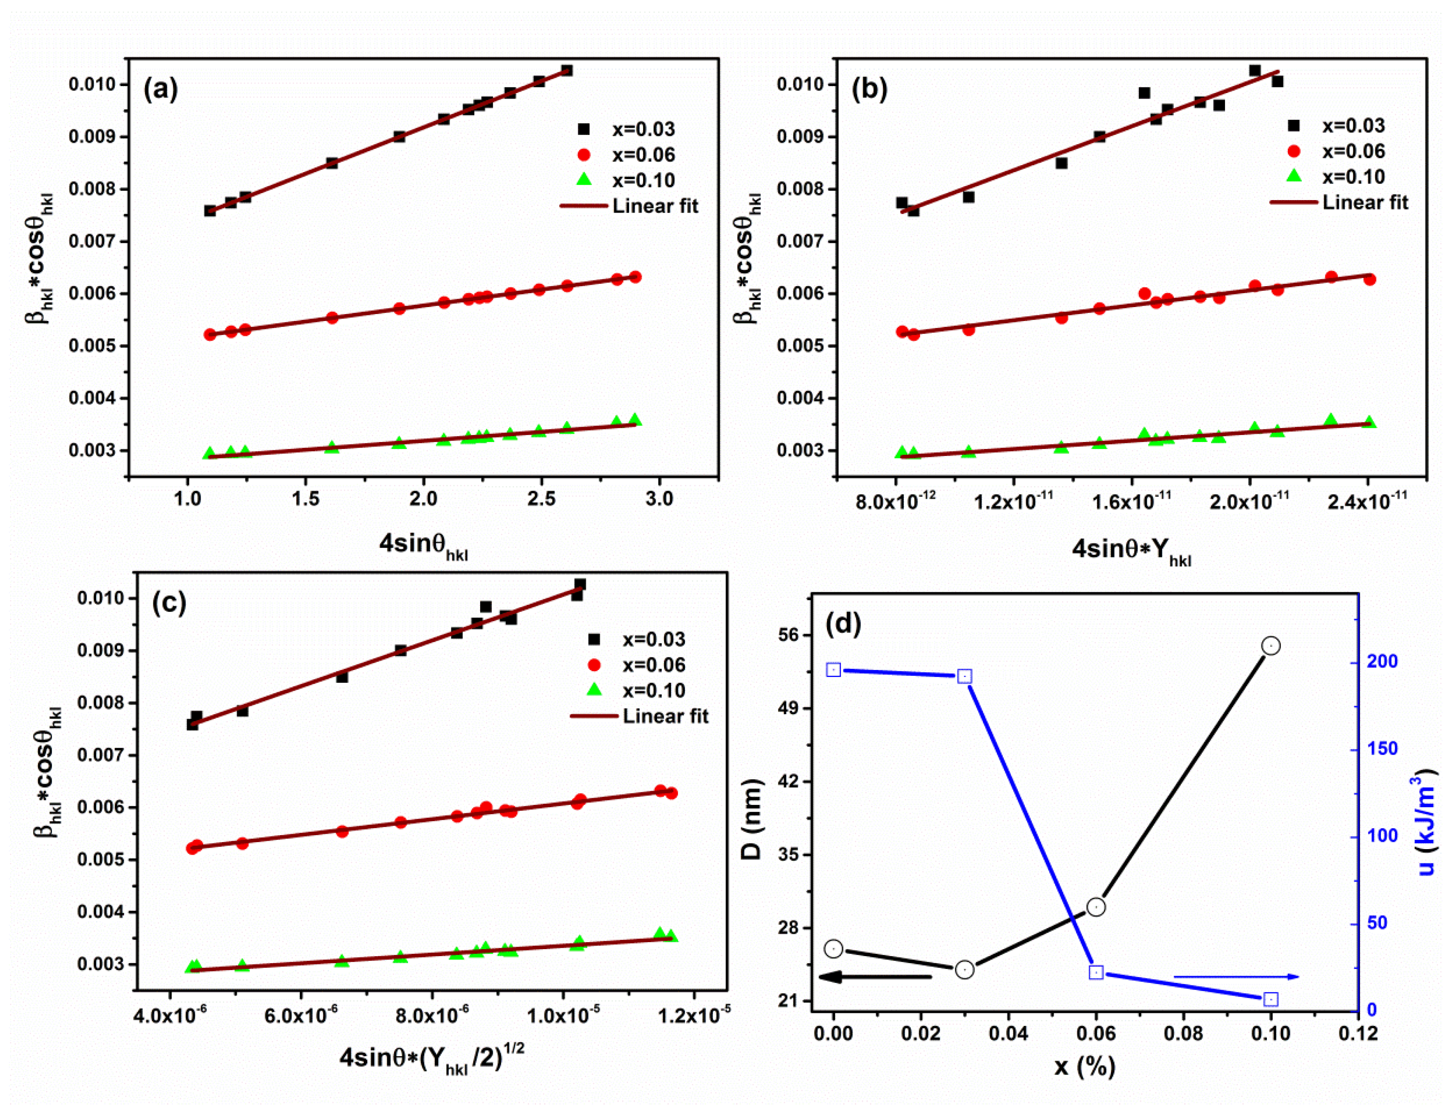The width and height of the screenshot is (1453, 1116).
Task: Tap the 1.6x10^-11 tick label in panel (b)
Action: pos(1131,500)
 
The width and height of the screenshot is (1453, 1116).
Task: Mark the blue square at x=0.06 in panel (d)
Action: pos(1096,972)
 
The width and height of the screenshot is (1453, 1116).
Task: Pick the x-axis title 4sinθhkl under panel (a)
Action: pos(423,545)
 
